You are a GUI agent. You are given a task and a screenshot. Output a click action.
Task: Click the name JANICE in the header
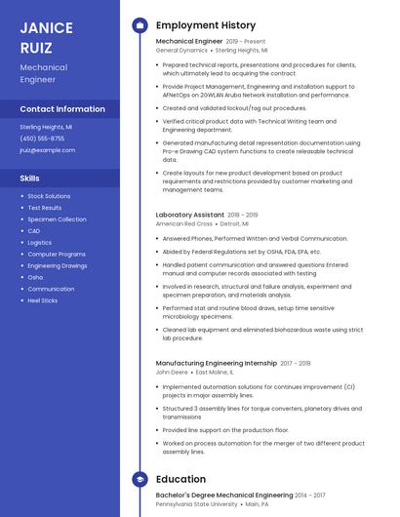coord(47,26)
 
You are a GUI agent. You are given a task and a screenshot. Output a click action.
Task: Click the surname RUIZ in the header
coord(36,47)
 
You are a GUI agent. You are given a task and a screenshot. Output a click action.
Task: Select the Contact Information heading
coord(62,109)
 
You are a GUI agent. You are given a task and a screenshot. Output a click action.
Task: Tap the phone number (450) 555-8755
coord(42,139)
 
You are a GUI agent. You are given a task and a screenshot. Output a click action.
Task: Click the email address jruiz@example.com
coord(47,150)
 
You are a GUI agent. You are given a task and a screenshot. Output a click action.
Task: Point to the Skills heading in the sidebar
coord(30,179)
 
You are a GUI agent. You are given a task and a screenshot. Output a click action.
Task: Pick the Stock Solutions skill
coord(49,196)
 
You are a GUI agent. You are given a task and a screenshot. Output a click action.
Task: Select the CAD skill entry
coord(34,231)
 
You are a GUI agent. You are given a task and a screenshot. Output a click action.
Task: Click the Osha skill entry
coord(35,277)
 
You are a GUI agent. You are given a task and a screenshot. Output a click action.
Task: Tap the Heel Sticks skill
coord(43,300)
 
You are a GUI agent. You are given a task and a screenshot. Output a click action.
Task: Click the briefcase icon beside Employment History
coord(140,25)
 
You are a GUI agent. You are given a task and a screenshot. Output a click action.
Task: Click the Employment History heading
coord(205,25)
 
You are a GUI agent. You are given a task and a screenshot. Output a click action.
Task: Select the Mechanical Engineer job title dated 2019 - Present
coord(189,42)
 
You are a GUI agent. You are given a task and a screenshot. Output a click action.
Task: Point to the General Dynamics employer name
coord(181,50)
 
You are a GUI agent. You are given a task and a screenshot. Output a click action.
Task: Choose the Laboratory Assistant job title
coord(189,215)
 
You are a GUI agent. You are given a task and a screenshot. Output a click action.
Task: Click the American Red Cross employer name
coord(184,223)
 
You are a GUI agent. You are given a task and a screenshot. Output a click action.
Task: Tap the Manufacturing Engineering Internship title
coord(216,363)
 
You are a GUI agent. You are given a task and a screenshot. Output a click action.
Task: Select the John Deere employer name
coord(172,372)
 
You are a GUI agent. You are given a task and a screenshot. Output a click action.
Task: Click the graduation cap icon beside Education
coord(140,479)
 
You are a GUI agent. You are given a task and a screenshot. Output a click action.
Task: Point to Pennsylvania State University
coord(196,504)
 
